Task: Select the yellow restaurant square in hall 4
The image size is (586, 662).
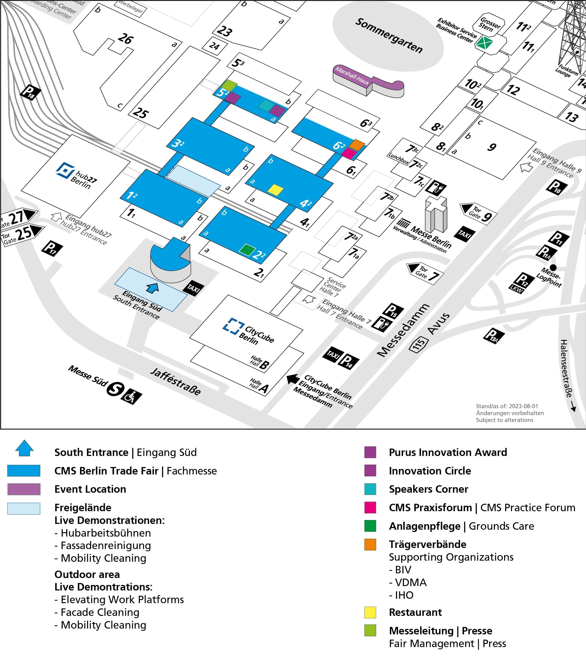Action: [x=276, y=189]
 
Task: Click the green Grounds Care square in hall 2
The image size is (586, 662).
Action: [x=247, y=250]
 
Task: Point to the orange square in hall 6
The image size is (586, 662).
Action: [x=356, y=144]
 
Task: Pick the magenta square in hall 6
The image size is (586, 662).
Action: [x=349, y=153]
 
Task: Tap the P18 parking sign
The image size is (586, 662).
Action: [x=30, y=92]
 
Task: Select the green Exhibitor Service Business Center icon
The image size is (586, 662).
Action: [x=484, y=43]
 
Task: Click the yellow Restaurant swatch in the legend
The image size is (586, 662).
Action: [x=370, y=612]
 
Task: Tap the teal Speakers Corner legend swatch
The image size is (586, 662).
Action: [x=370, y=489]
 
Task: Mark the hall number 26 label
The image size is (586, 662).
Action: [x=125, y=39]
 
